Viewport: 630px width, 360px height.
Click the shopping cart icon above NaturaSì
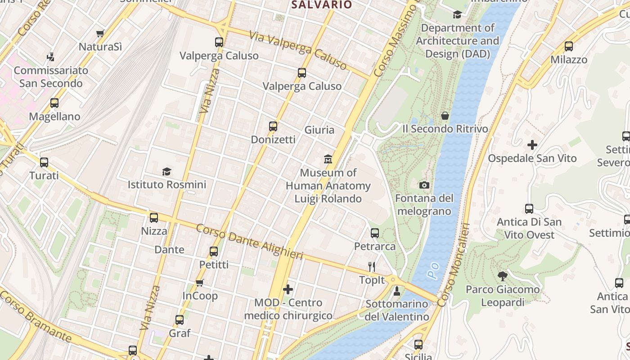click(x=100, y=33)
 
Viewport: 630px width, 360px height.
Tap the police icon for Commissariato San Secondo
click(x=50, y=57)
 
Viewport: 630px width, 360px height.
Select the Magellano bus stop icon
click(x=54, y=103)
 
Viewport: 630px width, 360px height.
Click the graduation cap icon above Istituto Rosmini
click(x=167, y=171)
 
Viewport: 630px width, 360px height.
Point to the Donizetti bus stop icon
click(x=273, y=126)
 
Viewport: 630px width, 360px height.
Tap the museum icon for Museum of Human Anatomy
click(x=328, y=159)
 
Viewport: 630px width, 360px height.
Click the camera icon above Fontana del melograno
click(x=424, y=185)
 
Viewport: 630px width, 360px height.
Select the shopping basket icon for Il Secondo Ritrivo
click(x=445, y=116)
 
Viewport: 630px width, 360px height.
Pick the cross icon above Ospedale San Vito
click(x=532, y=145)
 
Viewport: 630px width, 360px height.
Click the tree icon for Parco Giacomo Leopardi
click(x=503, y=276)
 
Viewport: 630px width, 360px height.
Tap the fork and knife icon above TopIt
click(x=372, y=267)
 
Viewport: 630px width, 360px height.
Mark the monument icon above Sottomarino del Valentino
click(x=397, y=291)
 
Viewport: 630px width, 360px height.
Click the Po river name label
click(x=433, y=270)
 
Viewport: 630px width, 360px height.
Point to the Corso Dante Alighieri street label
click(x=249, y=242)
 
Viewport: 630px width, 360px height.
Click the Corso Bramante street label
click(x=36, y=316)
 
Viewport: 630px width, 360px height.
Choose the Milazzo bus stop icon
click(x=569, y=46)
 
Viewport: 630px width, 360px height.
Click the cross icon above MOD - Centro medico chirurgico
click(x=288, y=289)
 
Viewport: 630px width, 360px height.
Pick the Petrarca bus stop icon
click(x=375, y=233)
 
